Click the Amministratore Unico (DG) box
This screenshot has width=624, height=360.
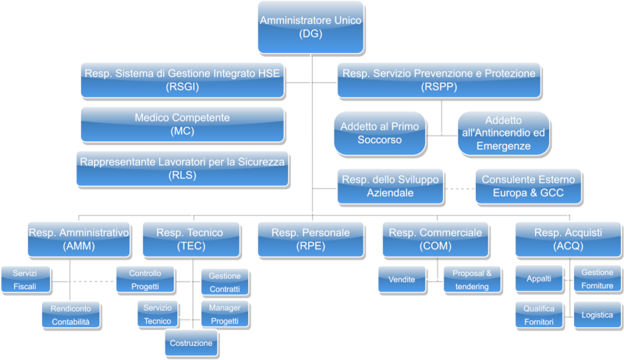coord(311,27)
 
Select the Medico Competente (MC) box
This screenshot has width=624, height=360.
coord(183,124)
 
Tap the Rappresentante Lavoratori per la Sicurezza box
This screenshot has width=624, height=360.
coord(183,169)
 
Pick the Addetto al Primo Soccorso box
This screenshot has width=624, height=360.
coord(380,133)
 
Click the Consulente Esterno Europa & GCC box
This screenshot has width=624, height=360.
coord(528,186)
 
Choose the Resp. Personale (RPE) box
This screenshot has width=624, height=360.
coord(311,239)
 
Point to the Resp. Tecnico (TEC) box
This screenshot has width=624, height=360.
coord(191,239)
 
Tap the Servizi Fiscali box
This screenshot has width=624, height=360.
coord(26,280)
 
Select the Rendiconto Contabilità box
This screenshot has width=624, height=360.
coord(71,315)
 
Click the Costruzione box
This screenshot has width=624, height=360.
coord(191,343)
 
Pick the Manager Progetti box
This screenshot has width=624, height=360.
coord(225,314)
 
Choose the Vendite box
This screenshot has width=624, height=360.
coord(402,280)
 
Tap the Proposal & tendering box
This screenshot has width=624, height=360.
coord(472,280)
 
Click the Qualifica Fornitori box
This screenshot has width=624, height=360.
coord(539,315)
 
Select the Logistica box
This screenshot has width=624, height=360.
coord(597,315)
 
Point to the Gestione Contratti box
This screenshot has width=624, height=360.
coord(225,283)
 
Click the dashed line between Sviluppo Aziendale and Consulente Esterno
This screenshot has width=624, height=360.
coord(459,189)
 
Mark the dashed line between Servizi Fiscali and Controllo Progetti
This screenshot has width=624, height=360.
coord(92,281)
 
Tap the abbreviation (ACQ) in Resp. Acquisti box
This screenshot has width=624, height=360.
coord(569,246)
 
